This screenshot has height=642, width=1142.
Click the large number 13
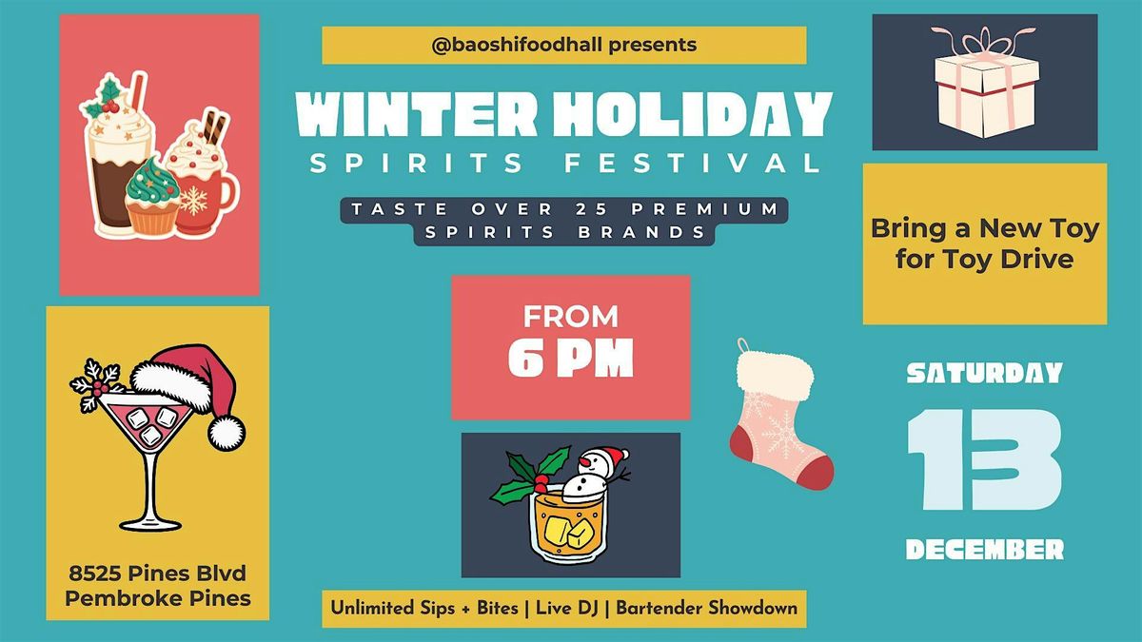[984, 460]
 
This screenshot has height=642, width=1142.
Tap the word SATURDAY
[984, 374]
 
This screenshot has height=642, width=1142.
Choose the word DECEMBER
[984, 549]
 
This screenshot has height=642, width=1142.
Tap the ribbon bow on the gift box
[984, 43]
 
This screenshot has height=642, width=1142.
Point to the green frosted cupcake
[149, 195]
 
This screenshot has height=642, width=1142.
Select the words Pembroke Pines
[159, 598]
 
